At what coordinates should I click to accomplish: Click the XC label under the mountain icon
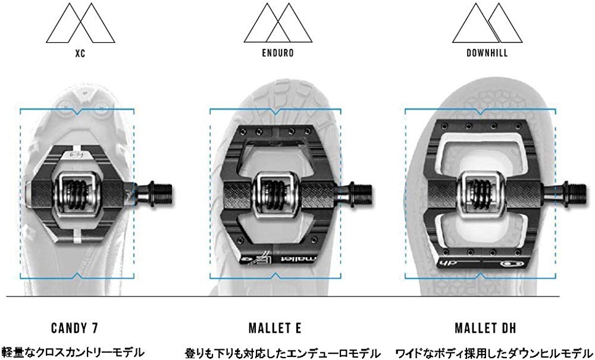(x=80, y=53)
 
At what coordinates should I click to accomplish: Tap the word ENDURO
(x=278, y=53)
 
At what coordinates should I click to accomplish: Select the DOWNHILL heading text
(x=487, y=53)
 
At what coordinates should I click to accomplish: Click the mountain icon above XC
(x=80, y=23)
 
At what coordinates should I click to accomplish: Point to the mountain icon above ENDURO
(x=278, y=23)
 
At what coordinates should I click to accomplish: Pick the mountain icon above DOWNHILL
(x=487, y=23)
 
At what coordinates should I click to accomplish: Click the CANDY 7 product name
(x=74, y=328)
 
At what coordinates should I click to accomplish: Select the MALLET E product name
(x=275, y=328)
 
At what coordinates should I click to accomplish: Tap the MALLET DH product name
(x=486, y=328)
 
